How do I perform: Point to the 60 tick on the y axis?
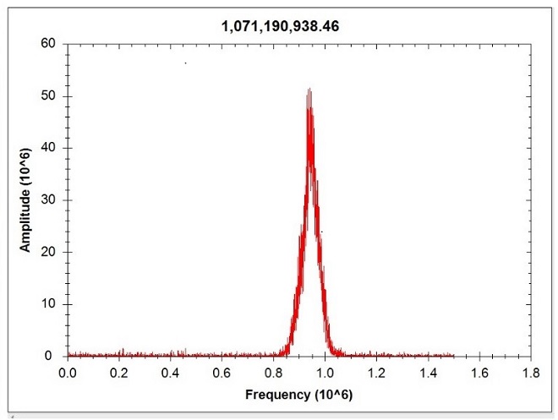coord(49,44)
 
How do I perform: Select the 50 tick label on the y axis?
coord(49,96)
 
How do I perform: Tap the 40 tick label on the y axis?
coord(49,149)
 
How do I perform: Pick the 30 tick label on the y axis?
coord(49,200)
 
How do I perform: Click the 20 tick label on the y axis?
coord(49,253)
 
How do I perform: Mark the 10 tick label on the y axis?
coord(49,304)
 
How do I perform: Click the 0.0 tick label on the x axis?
coord(67,372)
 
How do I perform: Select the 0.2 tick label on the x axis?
coord(118,372)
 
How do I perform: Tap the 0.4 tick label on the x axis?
coord(170,372)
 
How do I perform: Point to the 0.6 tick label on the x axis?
coord(222,372)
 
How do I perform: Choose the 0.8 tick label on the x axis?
coord(273,372)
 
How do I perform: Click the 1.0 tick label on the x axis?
coord(325,372)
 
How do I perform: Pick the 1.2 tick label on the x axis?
coord(377,372)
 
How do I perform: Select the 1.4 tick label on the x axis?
coord(429,372)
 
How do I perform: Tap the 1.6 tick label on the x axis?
coord(480,372)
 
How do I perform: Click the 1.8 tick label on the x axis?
coord(532,372)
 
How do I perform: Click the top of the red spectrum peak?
coord(309,89)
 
